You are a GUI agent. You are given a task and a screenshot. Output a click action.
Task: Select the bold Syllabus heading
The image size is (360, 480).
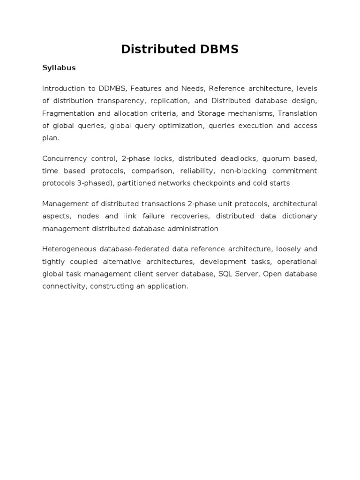(x=59, y=68)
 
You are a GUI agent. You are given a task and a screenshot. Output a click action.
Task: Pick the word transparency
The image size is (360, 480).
(x=122, y=101)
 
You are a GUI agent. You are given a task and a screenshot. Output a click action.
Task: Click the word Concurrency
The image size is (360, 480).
(x=63, y=158)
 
